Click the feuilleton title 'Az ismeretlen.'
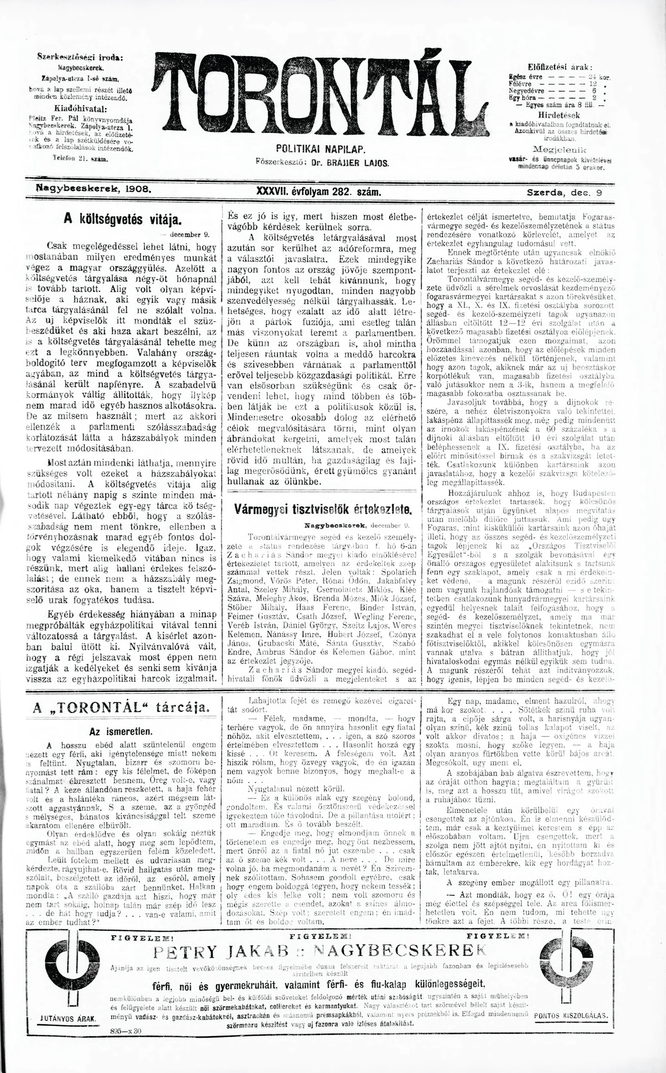[x=120, y=731]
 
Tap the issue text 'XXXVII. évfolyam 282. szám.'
[x=318, y=192]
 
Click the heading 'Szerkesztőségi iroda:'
[x=80, y=57]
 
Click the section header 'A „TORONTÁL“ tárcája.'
[x=120, y=708]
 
